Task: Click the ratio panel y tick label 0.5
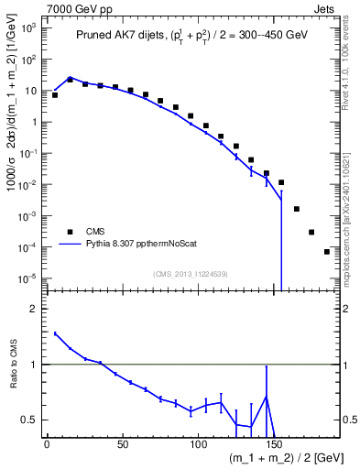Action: click(x=33, y=420)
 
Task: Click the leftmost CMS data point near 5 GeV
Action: click(x=55, y=94)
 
